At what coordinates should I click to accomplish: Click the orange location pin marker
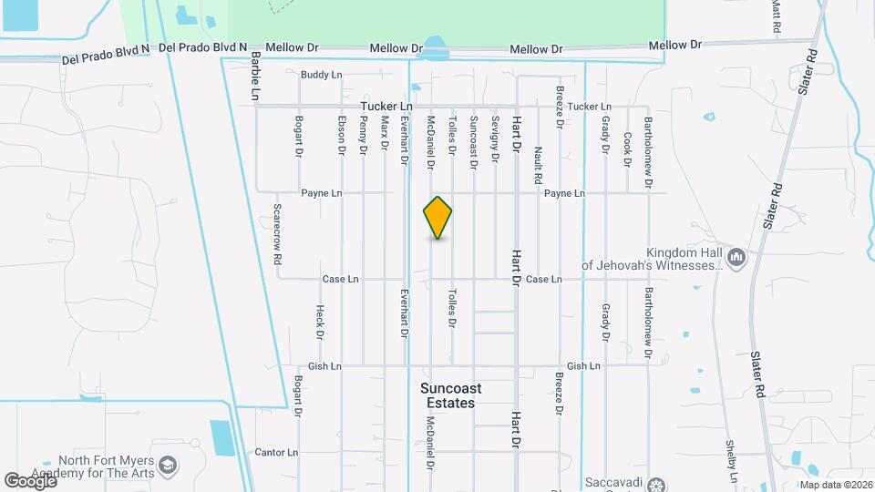click(437, 218)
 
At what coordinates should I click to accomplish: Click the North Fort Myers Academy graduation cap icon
click(168, 466)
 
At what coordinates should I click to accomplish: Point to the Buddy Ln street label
click(320, 74)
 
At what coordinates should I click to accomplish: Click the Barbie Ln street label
click(255, 75)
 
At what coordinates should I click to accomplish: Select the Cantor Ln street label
click(276, 452)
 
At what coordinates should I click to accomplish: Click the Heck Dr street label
click(320, 322)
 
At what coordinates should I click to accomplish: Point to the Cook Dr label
click(627, 149)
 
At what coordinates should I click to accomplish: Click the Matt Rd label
click(777, 16)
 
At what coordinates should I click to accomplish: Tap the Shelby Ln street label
click(731, 460)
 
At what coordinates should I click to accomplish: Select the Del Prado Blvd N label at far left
click(105, 55)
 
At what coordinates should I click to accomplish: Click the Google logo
click(30, 480)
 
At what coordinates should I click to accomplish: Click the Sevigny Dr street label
click(495, 138)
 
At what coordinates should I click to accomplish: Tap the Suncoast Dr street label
click(473, 142)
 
